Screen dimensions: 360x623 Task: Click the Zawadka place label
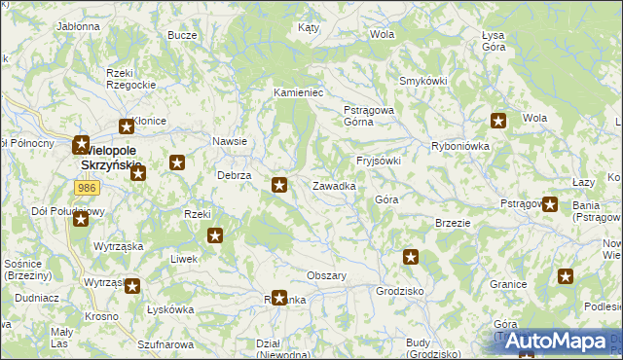[x=333, y=185]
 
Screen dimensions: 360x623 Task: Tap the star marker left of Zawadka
[x=280, y=184]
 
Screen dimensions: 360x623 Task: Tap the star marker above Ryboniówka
[x=498, y=122]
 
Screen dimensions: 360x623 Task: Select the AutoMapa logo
[x=555, y=342]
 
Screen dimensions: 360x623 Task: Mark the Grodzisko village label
[x=400, y=291]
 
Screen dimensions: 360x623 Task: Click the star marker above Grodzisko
[x=411, y=257]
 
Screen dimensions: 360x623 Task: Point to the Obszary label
[x=327, y=275]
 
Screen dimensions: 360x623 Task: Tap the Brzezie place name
[x=454, y=222]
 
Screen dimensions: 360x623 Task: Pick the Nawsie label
[x=230, y=141]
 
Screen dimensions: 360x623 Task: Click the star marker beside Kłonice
[x=127, y=126]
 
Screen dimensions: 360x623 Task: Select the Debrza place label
[x=235, y=175]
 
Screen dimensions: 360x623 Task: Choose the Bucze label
[x=182, y=35]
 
